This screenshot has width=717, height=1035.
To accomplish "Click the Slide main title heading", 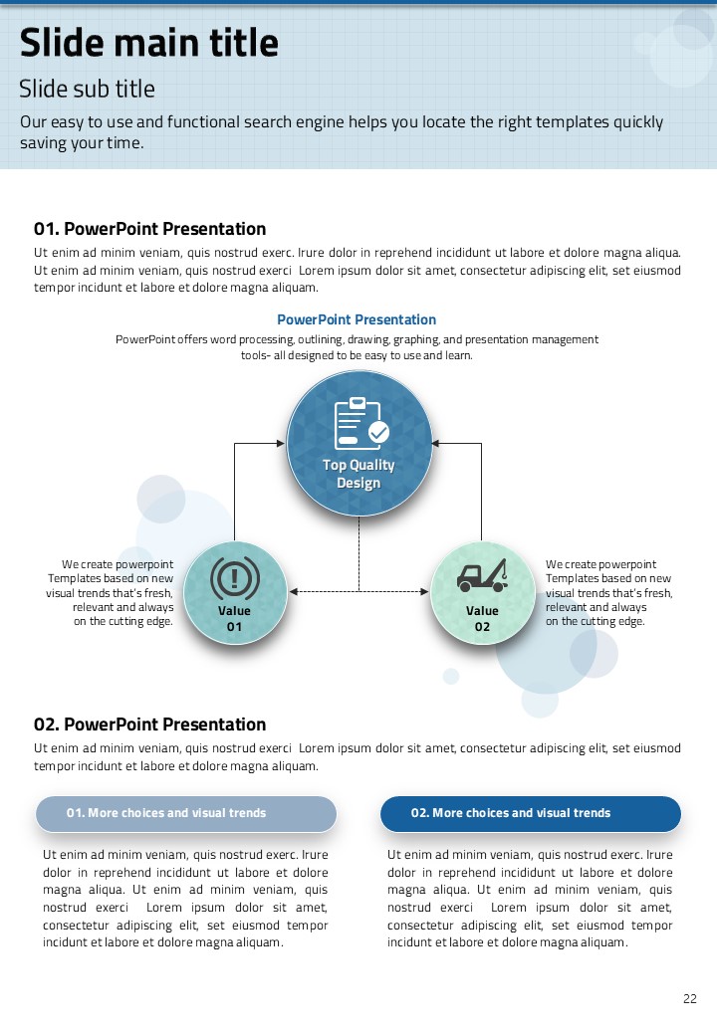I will point(149,44).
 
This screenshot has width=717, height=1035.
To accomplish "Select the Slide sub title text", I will point(88,90).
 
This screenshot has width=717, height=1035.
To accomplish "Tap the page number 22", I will point(689,999).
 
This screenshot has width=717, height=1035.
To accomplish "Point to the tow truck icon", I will point(482,576).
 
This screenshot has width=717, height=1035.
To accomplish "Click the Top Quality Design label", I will point(358,474).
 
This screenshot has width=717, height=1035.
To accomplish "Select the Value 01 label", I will point(234,618).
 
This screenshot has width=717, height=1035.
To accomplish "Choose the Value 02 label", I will point(482,618).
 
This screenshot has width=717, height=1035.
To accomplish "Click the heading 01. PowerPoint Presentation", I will point(150,229).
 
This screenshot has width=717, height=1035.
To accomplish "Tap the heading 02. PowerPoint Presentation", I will point(150,724).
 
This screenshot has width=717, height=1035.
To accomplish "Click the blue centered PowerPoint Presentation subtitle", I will point(357,319).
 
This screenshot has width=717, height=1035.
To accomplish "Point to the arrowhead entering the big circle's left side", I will point(281,444).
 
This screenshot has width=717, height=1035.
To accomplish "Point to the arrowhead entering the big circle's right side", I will point(437,444).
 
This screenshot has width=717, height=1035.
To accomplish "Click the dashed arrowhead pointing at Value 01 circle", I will point(294,592).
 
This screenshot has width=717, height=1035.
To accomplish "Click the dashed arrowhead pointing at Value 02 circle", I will point(424,592).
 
